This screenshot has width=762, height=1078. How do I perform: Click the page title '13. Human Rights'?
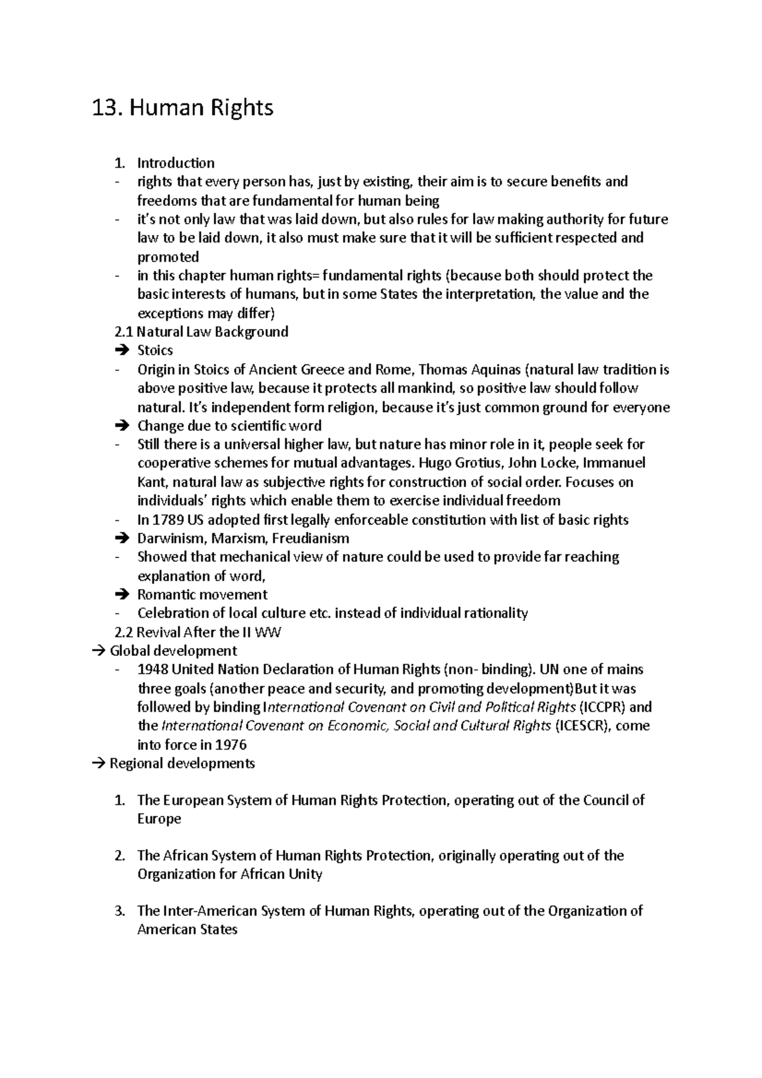[x=183, y=108]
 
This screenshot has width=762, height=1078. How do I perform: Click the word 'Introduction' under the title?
[x=176, y=163]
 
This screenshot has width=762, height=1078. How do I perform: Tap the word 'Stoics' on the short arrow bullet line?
[x=155, y=350]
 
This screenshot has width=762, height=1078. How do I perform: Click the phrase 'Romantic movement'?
[x=202, y=595]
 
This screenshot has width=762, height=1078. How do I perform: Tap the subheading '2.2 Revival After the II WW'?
[x=197, y=632]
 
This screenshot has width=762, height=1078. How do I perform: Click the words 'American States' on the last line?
[x=187, y=930]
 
